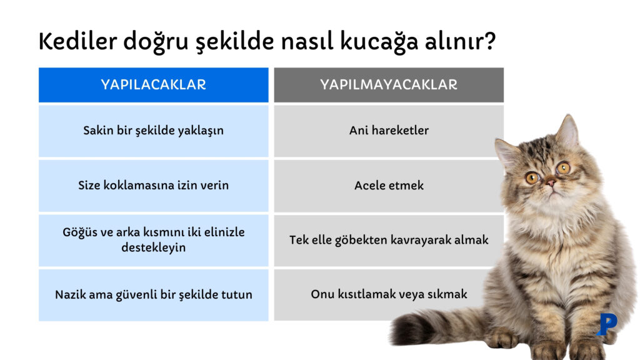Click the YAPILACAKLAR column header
pyautogui.click(x=153, y=84)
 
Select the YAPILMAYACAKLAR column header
pyautogui.click(x=388, y=84)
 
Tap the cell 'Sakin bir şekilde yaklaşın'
pyautogui.click(x=153, y=131)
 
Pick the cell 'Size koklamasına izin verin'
pyautogui.click(x=153, y=186)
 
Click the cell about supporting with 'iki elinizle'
pyautogui.click(x=153, y=240)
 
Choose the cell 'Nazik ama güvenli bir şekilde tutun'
pyautogui.click(x=153, y=294)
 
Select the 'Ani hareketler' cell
pyautogui.click(x=388, y=131)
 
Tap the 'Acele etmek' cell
pyautogui.click(x=388, y=186)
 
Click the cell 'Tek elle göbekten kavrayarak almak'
pyautogui.click(x=388, y=240)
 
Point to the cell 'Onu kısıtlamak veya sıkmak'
pyautogui.click(x=388, y=294)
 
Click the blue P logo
pyautogui.click(x=606, y=324)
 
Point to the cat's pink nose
pyautogui.click(x=551, y=182)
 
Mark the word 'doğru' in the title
pyautogui.click(x=152, y=42)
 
